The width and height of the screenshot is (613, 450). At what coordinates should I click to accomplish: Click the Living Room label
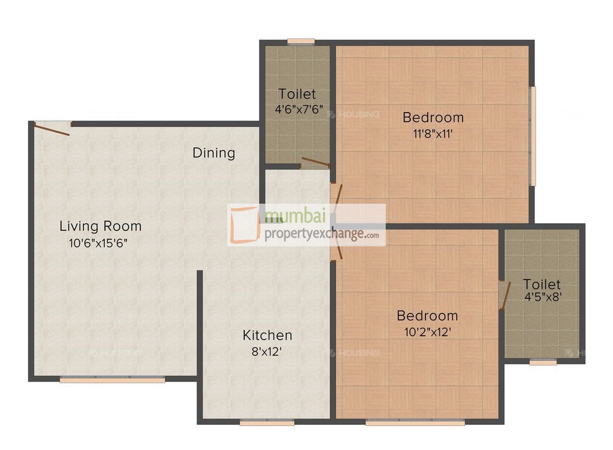[100, 226]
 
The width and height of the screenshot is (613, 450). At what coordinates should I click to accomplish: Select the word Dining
[214, 153]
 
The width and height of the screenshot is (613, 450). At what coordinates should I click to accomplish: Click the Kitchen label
[267, 335]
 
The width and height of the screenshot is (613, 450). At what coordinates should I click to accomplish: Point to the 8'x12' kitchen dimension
[267, 352]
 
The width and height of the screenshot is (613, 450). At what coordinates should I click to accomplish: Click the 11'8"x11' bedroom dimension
[433, 133]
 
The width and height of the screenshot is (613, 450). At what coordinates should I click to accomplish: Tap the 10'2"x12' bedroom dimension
[427, 332]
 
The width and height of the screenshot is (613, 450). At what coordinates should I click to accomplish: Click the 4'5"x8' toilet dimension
[542, 296]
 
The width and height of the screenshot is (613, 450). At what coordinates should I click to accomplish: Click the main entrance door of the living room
[51, 128]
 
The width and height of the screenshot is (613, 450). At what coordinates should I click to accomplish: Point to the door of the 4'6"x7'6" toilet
[315, 162]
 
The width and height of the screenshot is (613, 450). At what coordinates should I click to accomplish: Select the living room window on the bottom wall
[112, 379]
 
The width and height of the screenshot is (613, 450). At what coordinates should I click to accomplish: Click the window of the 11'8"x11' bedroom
[532, 136]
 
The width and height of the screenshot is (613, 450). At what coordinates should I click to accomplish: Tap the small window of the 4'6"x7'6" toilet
[301, 41]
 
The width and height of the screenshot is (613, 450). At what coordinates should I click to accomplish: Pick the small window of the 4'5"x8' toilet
[543, 362]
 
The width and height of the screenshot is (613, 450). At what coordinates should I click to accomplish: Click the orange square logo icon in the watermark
[244, 225]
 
